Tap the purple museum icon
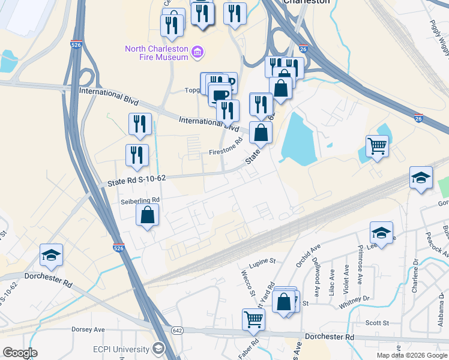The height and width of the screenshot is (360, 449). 196,53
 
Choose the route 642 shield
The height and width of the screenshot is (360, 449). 176,330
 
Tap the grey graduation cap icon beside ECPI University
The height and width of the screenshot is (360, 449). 158,349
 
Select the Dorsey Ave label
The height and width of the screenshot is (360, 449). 88,329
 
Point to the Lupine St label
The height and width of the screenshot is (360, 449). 263,261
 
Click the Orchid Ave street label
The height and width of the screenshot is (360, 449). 308,255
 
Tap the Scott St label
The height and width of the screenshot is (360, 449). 378,323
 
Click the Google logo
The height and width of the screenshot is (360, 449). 20,353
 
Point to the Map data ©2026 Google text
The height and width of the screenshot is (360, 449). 411,355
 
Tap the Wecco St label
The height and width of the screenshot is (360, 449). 246,282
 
